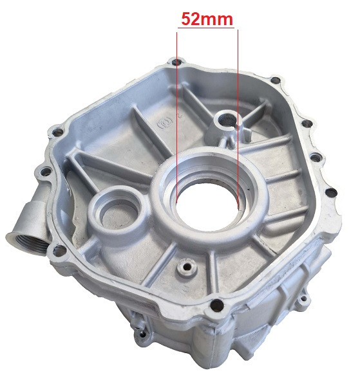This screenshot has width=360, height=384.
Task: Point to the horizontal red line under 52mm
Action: [206, 28]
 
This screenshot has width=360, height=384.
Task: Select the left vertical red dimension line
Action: [176, 118]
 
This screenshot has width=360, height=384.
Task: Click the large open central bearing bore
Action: [207, 205]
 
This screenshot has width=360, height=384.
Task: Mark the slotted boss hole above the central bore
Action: [227, 121]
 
